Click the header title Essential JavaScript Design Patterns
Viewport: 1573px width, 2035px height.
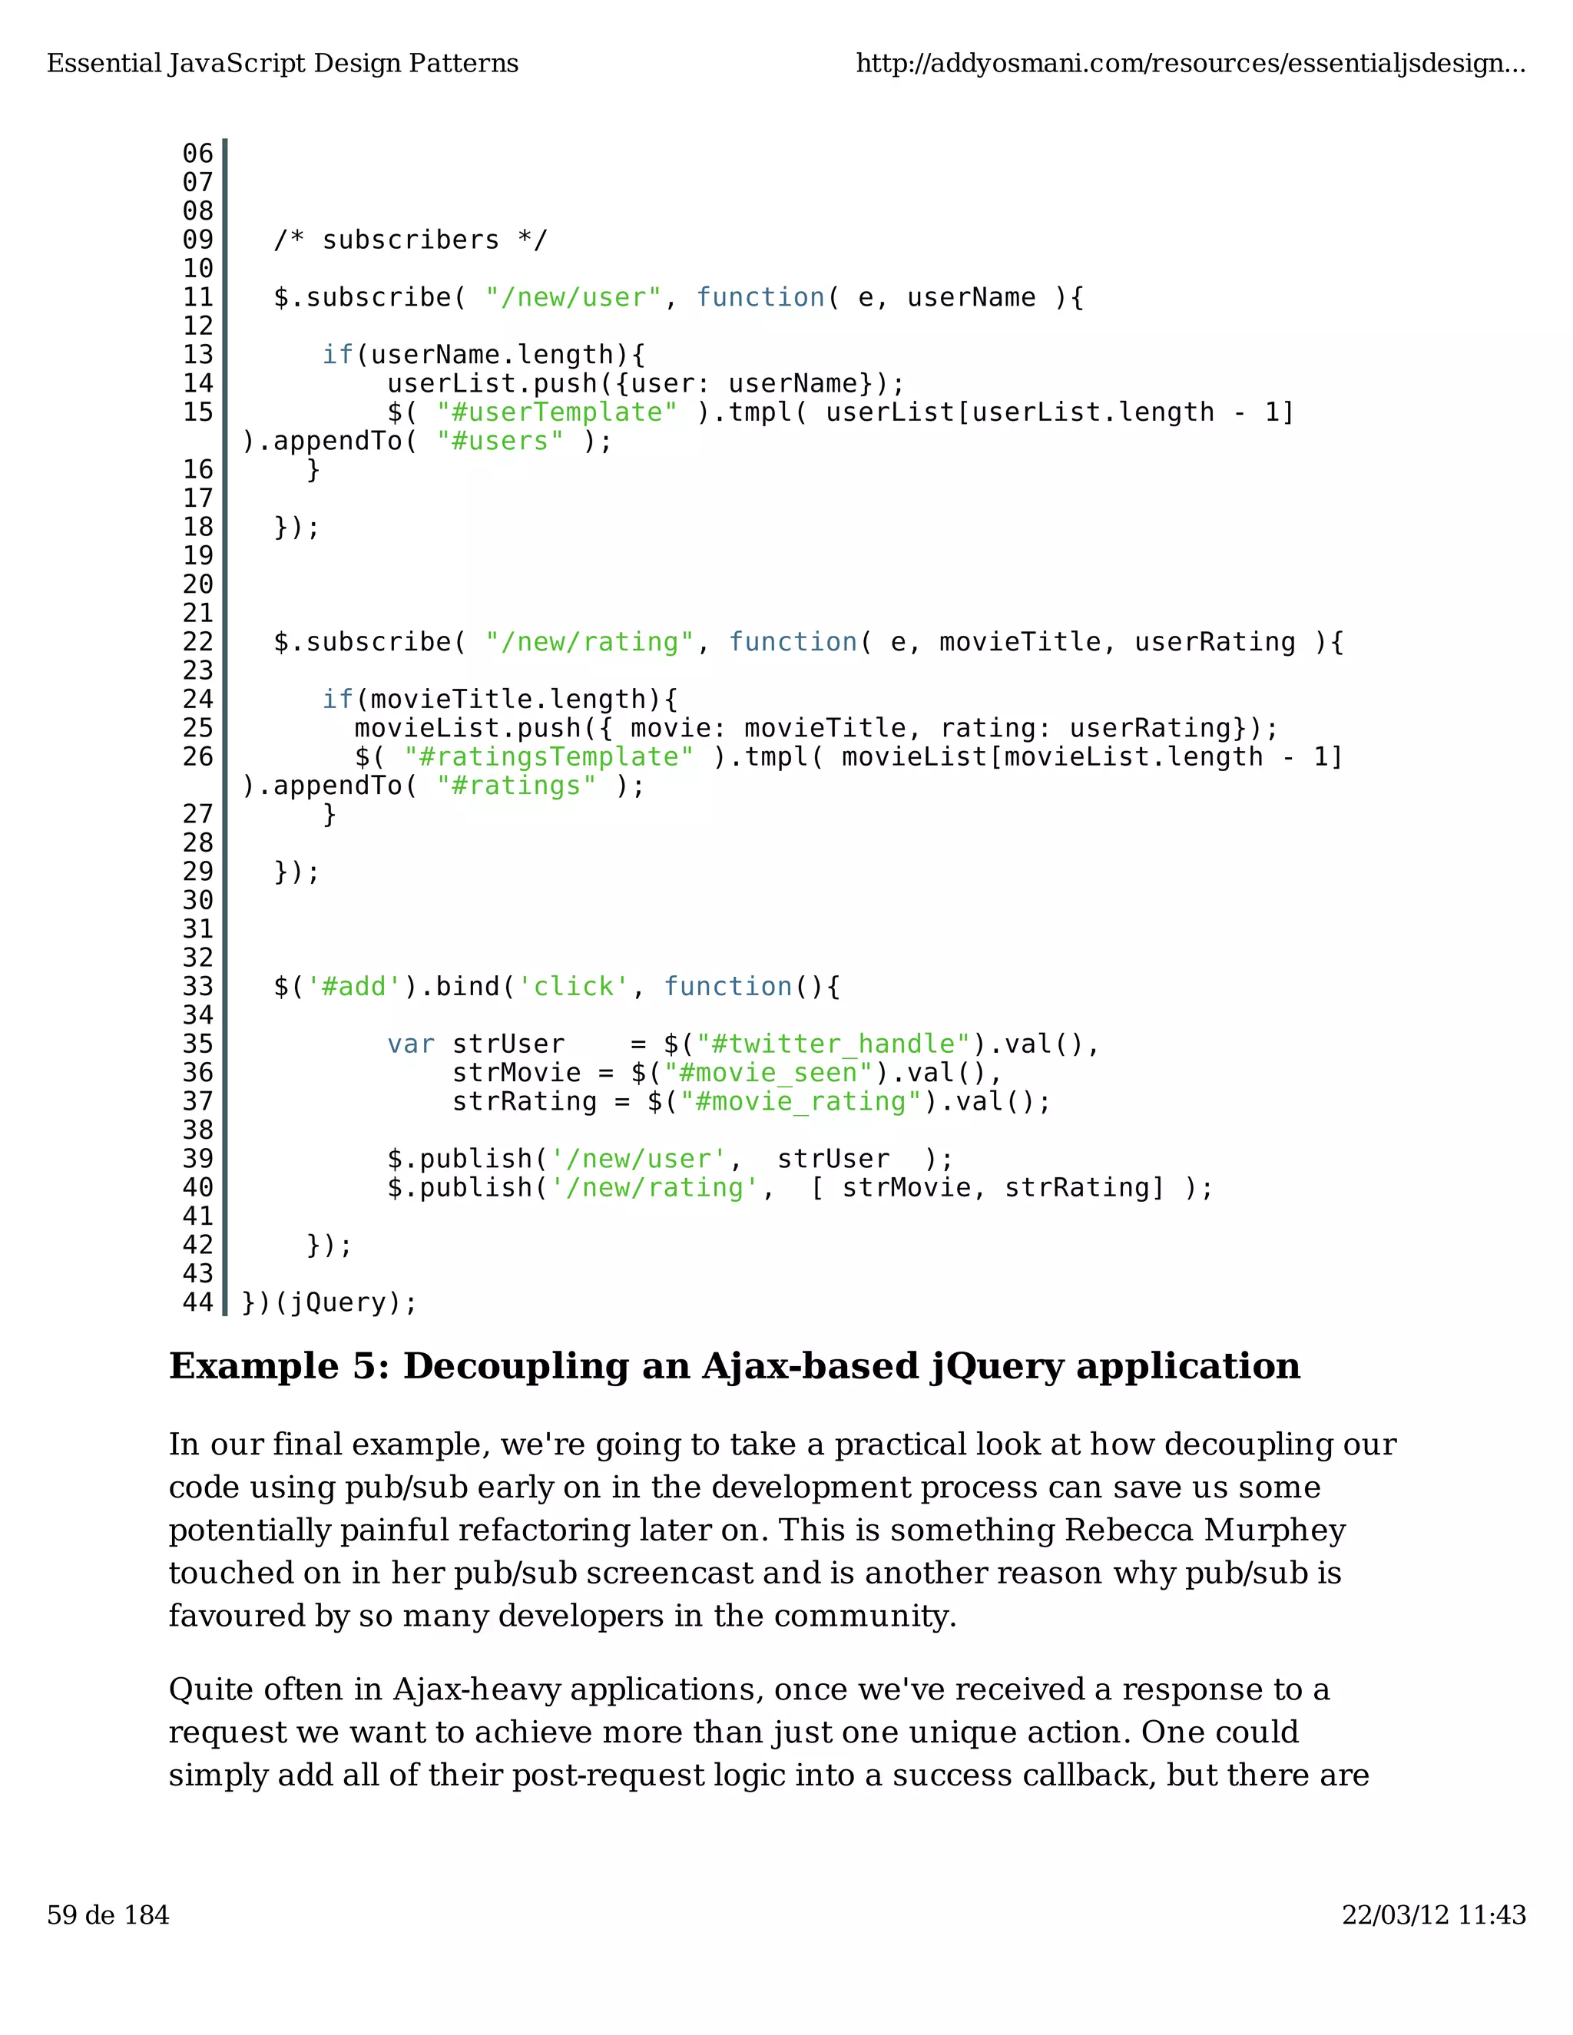click(x=283, y=64)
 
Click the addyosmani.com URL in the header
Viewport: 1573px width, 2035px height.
click(x=1190, y=64)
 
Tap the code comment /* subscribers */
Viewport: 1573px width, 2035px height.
click(x=410, y=240)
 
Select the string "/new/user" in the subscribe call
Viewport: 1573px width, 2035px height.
click(x=573, y=298)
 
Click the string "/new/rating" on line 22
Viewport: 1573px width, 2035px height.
click(x=589, y=643)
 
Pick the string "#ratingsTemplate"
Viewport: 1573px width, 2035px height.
click(x=549, y=757)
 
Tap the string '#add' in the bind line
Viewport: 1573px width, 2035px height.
click(x=354, y=987)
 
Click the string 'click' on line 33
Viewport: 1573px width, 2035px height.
click(x=573, y=987)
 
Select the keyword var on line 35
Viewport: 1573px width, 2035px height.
click(x=411, y=1044)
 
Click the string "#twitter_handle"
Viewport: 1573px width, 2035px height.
click(x=834, y=1044)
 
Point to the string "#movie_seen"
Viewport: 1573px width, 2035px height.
click(x=768, y=1074)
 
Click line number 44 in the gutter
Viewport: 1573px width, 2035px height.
click(x=197, y=1302)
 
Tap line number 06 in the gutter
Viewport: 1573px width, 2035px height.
click(x=197, y=154)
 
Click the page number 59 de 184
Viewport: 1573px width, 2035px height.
click(x=108, y=1914)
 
